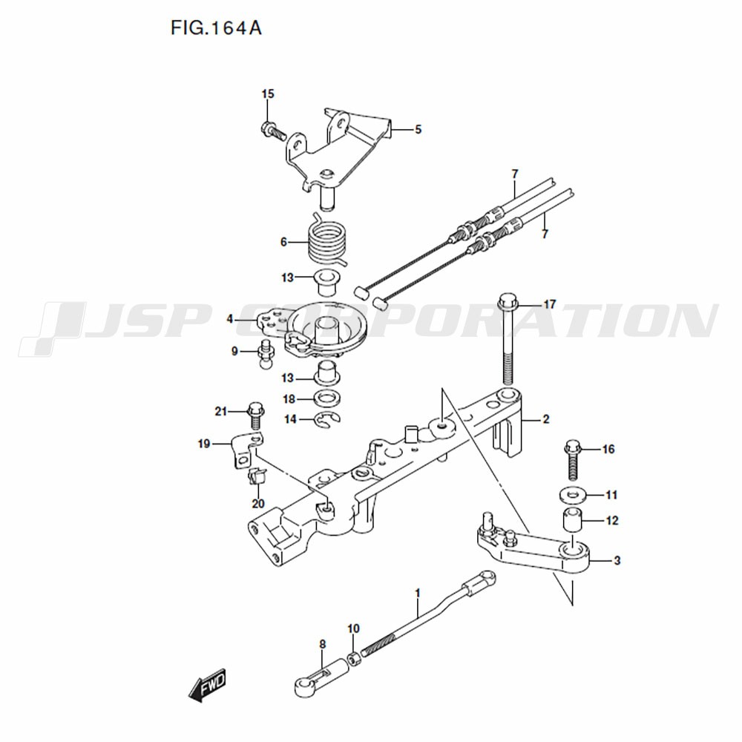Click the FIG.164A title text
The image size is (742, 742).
click(x=216, y=28)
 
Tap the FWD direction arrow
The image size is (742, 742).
click(x=208, y=685)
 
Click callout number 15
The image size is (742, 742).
click(x=268, y=93)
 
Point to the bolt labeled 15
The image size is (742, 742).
click(x=274, y=130)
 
